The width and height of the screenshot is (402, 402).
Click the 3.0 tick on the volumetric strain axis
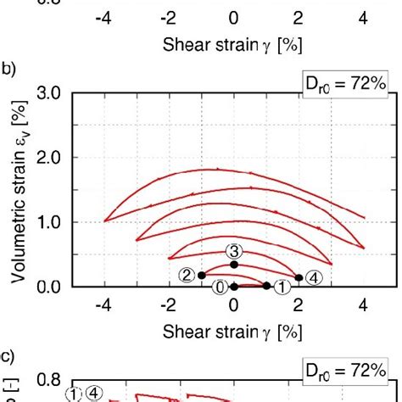pyautogui.click(x=50, y=92)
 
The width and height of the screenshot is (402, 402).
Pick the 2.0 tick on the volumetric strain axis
pyautogui.click(x=50, y=157)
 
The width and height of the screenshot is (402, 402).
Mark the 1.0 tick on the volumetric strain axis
pyautogui.click(x=50, y=222)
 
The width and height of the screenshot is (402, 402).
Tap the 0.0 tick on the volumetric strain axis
pyautogui.click(x=50, y=287)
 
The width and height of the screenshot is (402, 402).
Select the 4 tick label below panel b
pyautogui.click(x=363, y=304)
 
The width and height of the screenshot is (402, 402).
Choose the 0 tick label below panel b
pyautogui.click(x=234, y=304)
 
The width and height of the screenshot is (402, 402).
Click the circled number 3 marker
pyautogui.click(x=235, y=249)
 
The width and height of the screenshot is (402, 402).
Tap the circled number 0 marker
pyautogui.click(x=220, y=287)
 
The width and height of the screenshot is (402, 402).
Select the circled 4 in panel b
pyautogui.click(x=312, y=277)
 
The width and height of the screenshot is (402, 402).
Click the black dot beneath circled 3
pyautogui.click(x=234, y=265)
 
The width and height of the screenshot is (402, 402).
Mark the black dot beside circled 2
pyautogui.click(x=202, y=275)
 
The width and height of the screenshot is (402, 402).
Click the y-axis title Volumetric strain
pyautogui.click(x=25, y=190)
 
